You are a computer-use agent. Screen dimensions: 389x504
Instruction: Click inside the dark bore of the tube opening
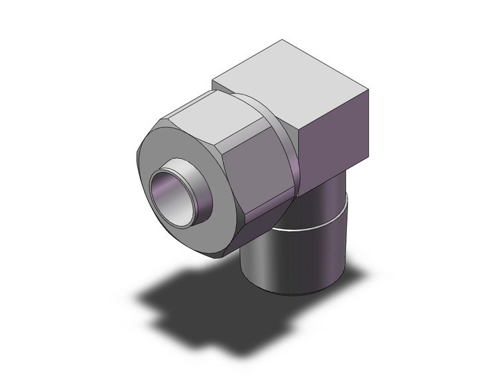click(174, 195)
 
